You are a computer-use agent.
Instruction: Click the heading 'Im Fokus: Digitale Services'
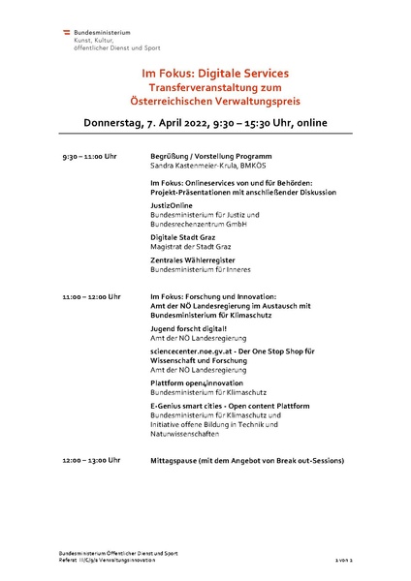(205, 73)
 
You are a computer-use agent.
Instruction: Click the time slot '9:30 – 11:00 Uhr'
(89, 156)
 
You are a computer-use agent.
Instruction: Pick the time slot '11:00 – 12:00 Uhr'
(91, 296)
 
